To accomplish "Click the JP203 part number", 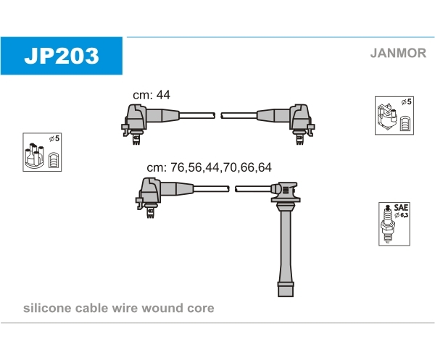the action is [x=62, y=56].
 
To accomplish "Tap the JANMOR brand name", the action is [x=398, y=53].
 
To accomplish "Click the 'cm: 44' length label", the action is [x=152, y=95].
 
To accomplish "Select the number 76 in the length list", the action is [x=178, y=167].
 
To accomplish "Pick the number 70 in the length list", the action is [x=229, y=167].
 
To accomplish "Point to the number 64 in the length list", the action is [x=265, y=167].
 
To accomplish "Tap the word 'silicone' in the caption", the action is [x=47, y=308].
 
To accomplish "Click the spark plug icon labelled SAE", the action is [x=387, y=224].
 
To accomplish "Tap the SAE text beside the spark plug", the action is [x=401, y=208].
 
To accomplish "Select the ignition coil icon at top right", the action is [x=387, y=117].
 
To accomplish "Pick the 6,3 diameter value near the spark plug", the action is [x=405, y=215].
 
